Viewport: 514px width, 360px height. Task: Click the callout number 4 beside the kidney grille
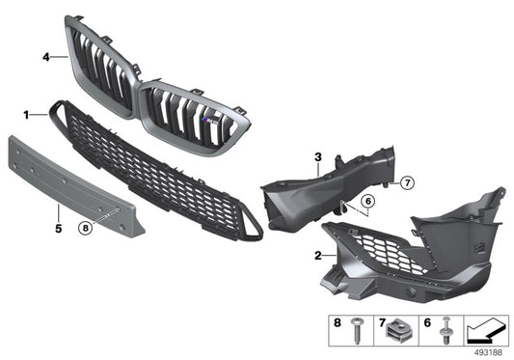tap(46, 58)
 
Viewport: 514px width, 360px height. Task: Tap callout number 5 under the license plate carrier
tap(59, 229)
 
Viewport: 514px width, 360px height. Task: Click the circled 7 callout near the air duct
tap(379, 182)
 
